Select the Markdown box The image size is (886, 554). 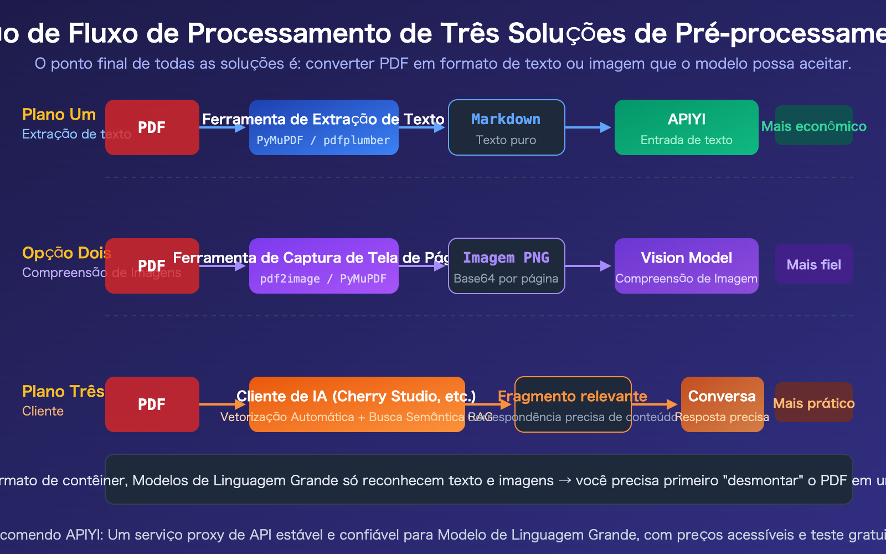tap(506, 127)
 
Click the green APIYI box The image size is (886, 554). tap(686, 127)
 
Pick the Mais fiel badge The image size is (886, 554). tap(813, 264)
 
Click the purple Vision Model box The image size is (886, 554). tap(686, 266)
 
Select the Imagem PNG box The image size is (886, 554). tap(506, 266)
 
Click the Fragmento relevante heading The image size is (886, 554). tap(572, 396)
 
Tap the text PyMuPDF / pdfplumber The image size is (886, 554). tap(323, 140)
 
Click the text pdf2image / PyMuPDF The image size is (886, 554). tap(323, 279)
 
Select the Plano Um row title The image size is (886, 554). tap(59, 115)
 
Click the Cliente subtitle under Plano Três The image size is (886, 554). tap(43, 411)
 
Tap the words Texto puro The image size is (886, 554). tap(506, 140)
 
